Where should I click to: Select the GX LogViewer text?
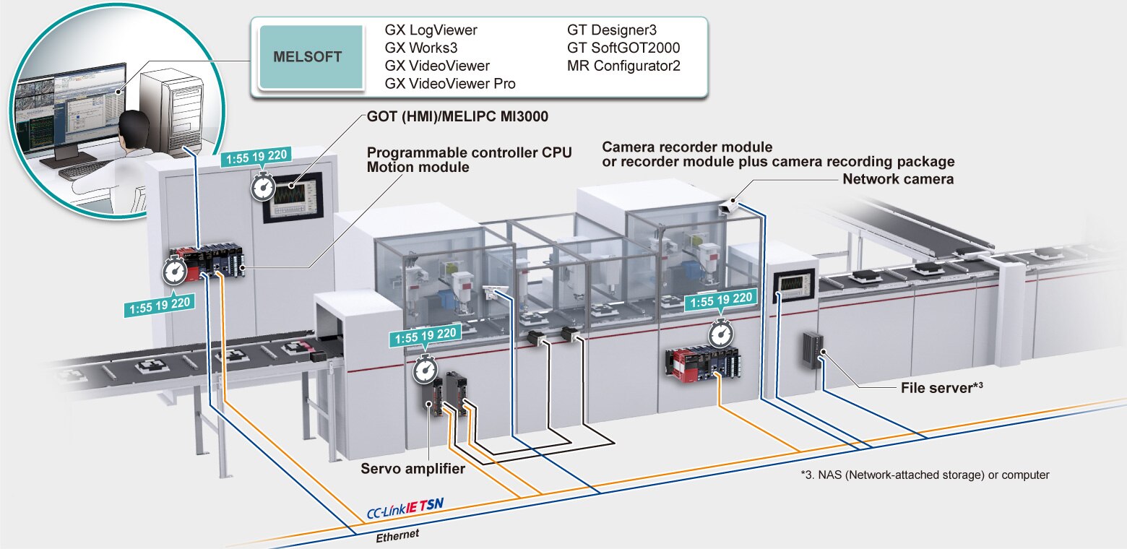point(431,30)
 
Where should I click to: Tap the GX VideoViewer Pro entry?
point(450,84)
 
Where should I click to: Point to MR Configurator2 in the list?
point(624,66)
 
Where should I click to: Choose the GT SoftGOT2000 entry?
point(623,48)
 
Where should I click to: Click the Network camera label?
point(898,178)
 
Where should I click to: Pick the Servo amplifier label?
point(413,469)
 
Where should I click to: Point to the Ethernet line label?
point(397,535)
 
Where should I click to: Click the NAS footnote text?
point(925,475)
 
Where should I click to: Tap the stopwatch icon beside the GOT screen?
point(262,188)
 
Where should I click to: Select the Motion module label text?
point(418,168)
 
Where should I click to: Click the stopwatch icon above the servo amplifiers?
point(425,370)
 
